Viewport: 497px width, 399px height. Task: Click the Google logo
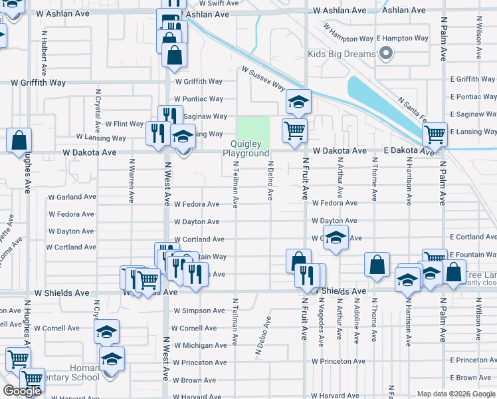22,391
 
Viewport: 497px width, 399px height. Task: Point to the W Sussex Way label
263,78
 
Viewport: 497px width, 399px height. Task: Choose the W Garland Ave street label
72,197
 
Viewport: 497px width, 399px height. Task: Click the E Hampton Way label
403,39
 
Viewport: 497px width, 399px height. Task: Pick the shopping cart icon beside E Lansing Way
435,134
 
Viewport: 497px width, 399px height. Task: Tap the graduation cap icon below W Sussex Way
298,102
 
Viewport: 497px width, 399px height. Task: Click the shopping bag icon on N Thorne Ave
377,263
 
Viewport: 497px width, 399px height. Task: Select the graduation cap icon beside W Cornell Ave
106,332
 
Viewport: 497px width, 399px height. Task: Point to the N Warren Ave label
132,180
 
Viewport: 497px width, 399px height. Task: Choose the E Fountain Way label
472,255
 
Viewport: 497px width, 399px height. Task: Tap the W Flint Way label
129,124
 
